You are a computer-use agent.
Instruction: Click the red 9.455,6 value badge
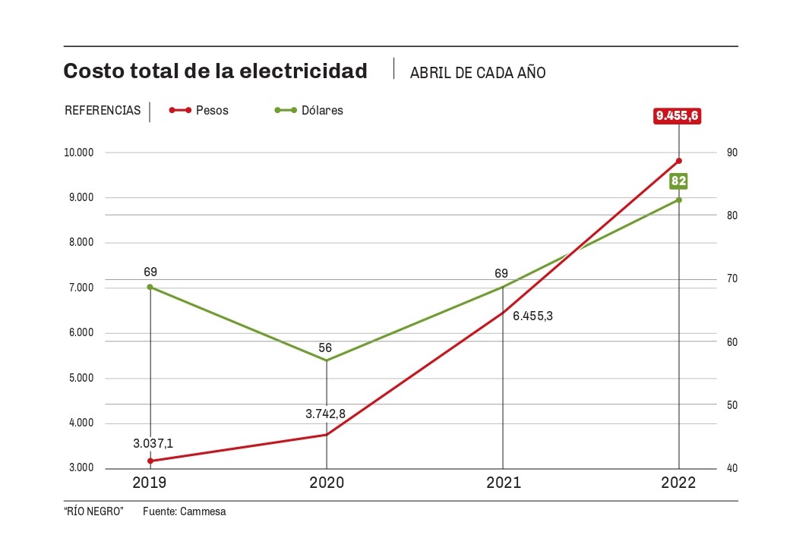pyautogui.click(x=678, y=116)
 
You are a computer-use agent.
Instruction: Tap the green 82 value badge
pyautogui.click(x=678, y=181)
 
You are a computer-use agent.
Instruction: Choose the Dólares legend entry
pyautogui.click(x=309, y=111)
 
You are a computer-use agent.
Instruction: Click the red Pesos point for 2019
pyautogui.click(x=150, y=461)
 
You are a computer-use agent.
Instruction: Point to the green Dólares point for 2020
pyautogui.click(x=327, y=360)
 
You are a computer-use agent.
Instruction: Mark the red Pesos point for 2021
pyautogui.click(x=503, y=312)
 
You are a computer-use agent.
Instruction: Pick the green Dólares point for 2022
pyautogui.click(x=679, y=200)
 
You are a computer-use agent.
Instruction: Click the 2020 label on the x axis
pyautogui.click(x=327, y=483)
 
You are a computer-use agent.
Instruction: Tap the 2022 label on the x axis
pyautogui.click(x=679, y=483)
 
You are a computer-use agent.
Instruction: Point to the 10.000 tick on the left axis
pyautogui.click(x=79, y=153)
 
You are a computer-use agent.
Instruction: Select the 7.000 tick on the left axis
pyautogui.click(x=81, y=288)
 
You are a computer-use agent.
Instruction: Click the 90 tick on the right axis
pyautogui.click(x=731, y=153)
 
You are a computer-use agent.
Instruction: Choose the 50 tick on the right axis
pyautogui.click(x=731, y=404)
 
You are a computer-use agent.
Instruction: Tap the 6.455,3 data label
pyautogui.click(x=532, y=316)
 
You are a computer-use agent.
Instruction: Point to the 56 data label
pyautogui.click(x=325, y=348)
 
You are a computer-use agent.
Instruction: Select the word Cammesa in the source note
pyautogui.click(x=203, y=512)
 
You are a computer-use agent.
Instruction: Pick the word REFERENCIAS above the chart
pyautogui.click(x=103, y=111)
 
